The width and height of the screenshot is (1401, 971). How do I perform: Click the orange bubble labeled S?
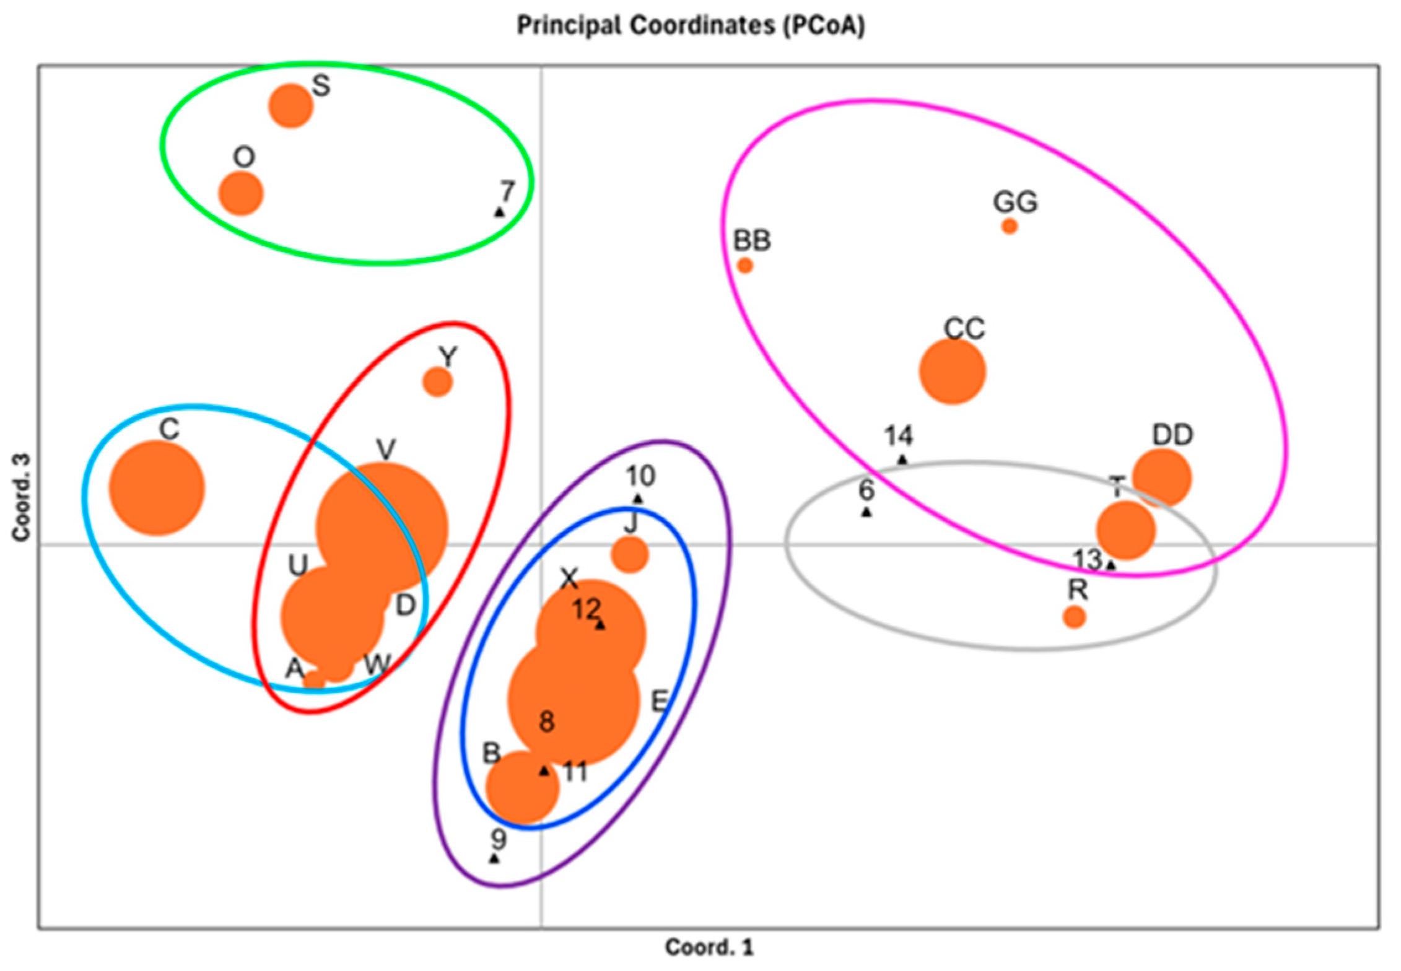(290, 106)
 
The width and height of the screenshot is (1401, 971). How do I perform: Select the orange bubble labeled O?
(241, 194)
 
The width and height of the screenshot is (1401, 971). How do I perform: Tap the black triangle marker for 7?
(499, 212)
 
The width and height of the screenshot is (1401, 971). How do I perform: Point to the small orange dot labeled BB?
(745, 266)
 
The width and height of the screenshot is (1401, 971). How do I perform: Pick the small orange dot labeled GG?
(1010, 227)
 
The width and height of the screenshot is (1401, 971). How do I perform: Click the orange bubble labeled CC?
(953, 372)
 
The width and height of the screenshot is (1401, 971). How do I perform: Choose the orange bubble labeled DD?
(1163, 477)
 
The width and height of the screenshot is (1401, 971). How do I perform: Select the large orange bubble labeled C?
(157, 488)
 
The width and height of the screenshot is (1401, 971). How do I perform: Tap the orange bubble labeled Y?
(438, 382)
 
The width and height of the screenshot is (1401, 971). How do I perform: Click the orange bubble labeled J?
(630, 554)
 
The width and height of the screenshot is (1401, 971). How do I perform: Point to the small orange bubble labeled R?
(1075, 617)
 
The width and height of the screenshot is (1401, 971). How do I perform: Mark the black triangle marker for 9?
(494, 858)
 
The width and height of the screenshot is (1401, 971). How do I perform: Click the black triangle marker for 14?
(902, 459)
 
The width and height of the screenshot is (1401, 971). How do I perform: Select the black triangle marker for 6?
(866, 512)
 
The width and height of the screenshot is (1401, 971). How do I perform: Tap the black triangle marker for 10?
(638, 499)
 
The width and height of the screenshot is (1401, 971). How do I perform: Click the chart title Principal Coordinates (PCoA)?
(691, 26)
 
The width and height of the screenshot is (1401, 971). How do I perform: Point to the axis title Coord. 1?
(709, 947)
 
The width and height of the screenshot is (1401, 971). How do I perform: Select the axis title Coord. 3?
(21, 497)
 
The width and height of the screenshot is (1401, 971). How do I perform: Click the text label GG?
(1015, 202)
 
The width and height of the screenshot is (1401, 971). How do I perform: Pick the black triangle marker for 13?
(1111, 565)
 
